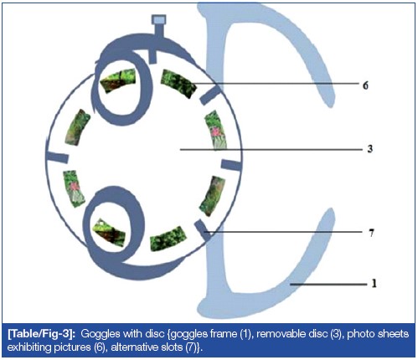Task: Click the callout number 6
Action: point(365,85)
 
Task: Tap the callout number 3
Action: point(370,149)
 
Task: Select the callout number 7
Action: point(371,233)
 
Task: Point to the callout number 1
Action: point(374,284)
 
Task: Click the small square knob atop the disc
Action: point(158,20)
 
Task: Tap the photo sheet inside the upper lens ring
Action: point(118,80)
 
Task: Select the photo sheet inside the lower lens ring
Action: point(110,233)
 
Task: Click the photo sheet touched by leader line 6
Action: point(178,84)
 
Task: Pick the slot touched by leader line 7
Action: point(203,230)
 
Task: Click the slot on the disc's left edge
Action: point(58,157)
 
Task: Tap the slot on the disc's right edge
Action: point(231,165)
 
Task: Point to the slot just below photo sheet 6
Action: point(210,95)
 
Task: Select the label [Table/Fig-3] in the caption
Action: point(41,334)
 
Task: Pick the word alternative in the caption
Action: point(136,347)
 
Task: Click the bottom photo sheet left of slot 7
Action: point(168,239)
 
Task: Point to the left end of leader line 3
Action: point(180,150)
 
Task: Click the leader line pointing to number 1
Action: point(328,285)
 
